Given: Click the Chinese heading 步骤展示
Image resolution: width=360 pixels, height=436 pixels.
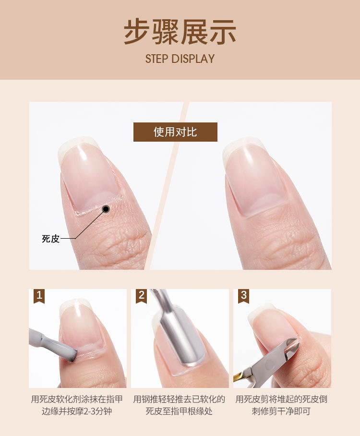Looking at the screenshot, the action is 180,32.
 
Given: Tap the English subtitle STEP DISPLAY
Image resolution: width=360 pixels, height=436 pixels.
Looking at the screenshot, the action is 180,59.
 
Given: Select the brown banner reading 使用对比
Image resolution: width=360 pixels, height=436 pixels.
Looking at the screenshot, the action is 175,132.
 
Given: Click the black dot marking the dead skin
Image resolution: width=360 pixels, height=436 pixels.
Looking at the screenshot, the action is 106,209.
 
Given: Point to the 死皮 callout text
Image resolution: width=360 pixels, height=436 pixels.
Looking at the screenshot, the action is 50,239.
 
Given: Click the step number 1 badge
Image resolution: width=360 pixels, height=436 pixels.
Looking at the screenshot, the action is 39,296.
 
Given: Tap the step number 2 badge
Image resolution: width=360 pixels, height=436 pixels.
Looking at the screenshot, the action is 142,296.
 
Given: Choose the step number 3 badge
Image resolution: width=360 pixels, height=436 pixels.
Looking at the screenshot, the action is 243,296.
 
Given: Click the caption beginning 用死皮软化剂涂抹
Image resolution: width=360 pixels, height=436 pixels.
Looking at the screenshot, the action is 77,405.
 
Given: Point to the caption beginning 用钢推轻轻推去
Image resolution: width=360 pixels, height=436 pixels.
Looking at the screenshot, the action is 179,405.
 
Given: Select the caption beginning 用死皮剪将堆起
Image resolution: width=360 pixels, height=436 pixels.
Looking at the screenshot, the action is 281,405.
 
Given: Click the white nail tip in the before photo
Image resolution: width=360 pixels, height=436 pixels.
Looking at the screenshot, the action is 78,143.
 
